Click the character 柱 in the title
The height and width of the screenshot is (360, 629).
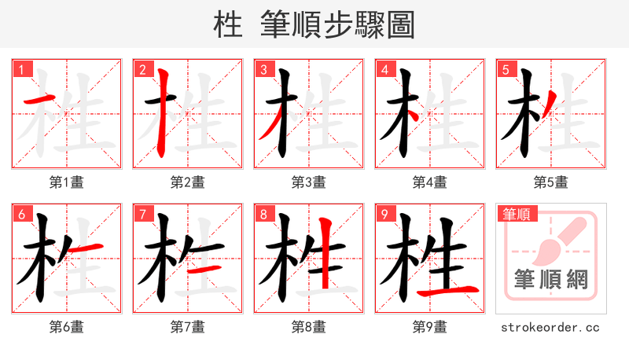click(x=228, y=25)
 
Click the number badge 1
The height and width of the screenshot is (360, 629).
click(x=21, y=69)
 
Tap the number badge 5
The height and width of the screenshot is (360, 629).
click(x=506, y=69)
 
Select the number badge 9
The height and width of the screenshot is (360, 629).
click(x=384, y=214)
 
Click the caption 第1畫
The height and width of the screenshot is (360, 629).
click(x=67, y=182)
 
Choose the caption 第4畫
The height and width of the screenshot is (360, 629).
click(x=430, y=182)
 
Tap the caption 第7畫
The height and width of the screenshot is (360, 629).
click(x=188, y=327)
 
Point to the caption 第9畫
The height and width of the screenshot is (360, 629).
click(x=430, y=327)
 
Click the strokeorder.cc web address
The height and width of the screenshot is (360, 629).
click(x=550, y=327)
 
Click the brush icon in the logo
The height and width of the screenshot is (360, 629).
click(x=554, y=240)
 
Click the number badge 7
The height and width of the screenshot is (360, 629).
click(x=142, y=214)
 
